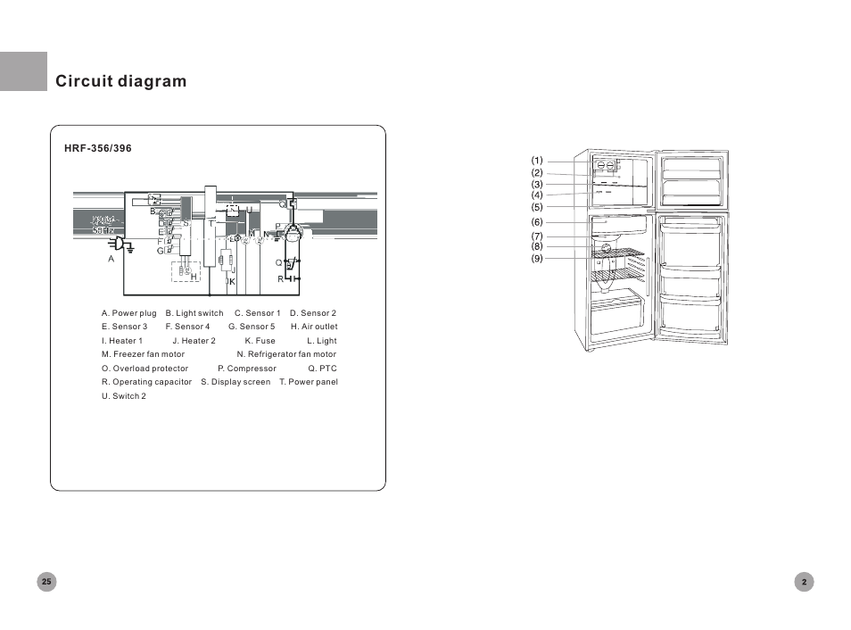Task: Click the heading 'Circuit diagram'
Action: tap(121, 81)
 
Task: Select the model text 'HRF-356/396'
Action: tap(98, 148)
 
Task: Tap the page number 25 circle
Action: tap(47, 582)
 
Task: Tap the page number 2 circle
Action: tap(804, 582)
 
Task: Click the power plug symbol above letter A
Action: tap(120, 242)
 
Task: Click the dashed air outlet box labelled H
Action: tap(186, 271)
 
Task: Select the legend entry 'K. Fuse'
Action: tap(260, 341)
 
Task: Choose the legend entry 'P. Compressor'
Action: tap(246, 369)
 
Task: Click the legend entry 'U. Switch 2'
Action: tap(124, 396)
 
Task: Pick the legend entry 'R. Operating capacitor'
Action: tap(146, 382)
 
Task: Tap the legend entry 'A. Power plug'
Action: tap(128, 313)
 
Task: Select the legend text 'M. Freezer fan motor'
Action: tap(143, 354)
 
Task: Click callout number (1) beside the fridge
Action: tap(537, 162)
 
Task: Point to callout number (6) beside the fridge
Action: tap(537, 222)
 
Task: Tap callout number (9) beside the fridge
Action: tap(537, 259)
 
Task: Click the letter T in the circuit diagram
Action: tap(211, 224)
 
